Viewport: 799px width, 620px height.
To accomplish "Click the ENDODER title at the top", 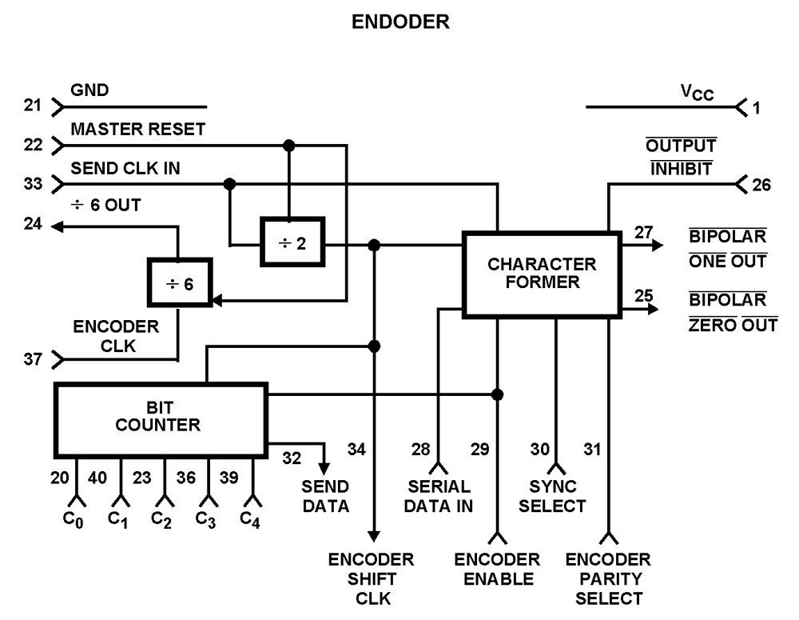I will (400, 22).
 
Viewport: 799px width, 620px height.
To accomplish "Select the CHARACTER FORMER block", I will (542, 273).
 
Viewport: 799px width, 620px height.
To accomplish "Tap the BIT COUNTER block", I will (159, 417).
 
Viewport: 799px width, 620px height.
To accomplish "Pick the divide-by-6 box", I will (179, 282).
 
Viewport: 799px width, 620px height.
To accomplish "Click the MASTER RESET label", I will (138, 130).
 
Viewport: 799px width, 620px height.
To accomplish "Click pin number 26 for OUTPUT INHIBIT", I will (761, 186).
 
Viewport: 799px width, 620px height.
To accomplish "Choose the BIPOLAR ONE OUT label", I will (727, 250).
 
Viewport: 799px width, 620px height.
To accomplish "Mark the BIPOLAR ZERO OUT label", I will (733, 313).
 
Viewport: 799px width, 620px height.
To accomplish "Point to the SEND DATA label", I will (325, 496).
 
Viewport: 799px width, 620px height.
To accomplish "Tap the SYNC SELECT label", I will (558, 496).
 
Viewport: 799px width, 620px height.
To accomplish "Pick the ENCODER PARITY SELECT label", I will (608, 578).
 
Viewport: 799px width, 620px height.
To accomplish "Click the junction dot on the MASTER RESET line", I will (289, 146).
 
